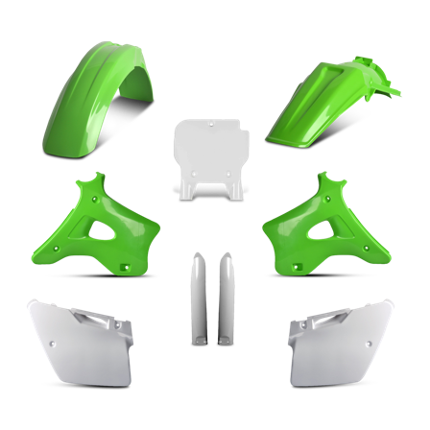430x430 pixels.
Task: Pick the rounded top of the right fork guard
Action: click(228, 257)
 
